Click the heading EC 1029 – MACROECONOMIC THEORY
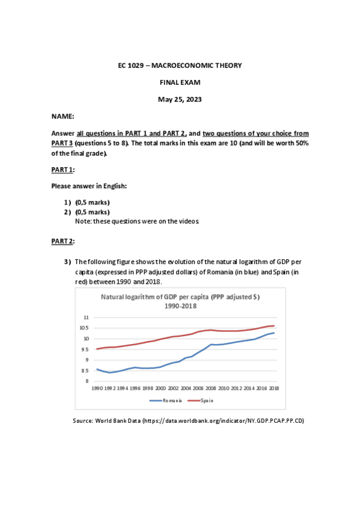pos(180,65)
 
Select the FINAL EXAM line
pos(180,82)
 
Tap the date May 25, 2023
pos(180,99)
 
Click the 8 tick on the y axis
pos(87,381)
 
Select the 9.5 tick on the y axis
pos(85,349)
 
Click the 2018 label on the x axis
pos(273,389)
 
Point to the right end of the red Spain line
pos(274,326)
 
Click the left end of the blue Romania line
pos(97,369)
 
